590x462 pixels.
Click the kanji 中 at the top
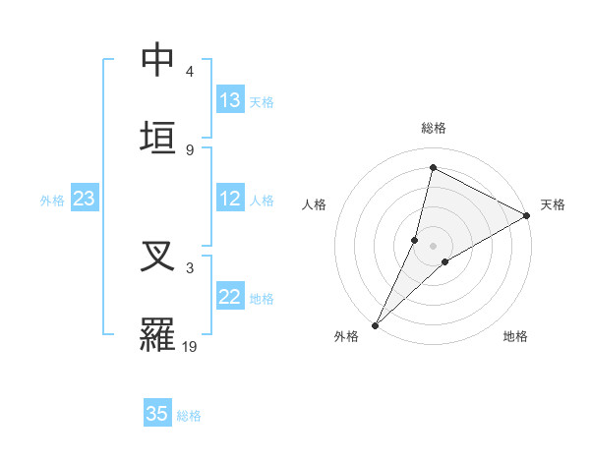click(x=158, y=61)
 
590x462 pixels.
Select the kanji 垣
click(x=158, y=138)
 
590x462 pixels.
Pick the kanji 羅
click(x=158, y=334)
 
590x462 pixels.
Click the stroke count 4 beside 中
click(x=190, y=72)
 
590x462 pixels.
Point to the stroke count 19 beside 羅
click(x=190, y=345)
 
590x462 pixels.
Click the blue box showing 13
click(x=230, y=100)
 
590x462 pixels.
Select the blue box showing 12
click(x=230, y=199)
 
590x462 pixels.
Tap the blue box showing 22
click(x=230, y=297)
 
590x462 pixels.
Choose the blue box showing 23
click(x=85, y=199)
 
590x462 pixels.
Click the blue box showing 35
click(x=157, y=414)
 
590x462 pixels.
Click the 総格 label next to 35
click(x=189, y=416)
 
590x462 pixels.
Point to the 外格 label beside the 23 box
click(x=52, y=201)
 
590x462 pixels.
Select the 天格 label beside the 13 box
click(x=262, y=102)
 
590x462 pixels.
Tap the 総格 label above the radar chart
click(x=434, y=128)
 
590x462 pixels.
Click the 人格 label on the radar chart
click(x=314, y=204)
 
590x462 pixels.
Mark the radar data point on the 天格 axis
click(x=527, y=215)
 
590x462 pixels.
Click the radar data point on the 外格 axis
click(x=375, y=325)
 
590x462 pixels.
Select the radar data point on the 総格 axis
click(x=433, y=167)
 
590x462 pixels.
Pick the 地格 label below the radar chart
click(x=515, y=336)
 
